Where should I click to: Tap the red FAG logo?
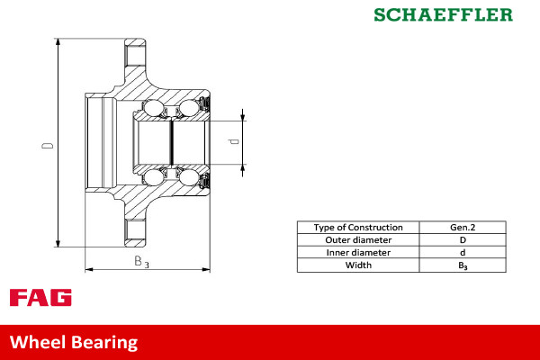tap(40, 298)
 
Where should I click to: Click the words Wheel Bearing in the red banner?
tap(74, 342)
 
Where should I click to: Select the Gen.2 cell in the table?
tap(463, 228)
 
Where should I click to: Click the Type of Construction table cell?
tap(358, 228)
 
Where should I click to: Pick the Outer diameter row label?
tap(358, 240)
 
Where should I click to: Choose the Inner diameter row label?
tap(358, 253)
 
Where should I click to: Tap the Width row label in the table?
tap(358, 265)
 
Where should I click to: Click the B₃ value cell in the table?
tap(463, 265)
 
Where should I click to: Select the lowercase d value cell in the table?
tap(463, 253)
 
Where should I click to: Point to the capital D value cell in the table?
tap(463, 240)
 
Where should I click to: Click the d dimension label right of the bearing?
tap(233, 142)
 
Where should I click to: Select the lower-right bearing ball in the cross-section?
tap(189, 176)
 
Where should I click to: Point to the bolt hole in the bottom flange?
tap(134, 231)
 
